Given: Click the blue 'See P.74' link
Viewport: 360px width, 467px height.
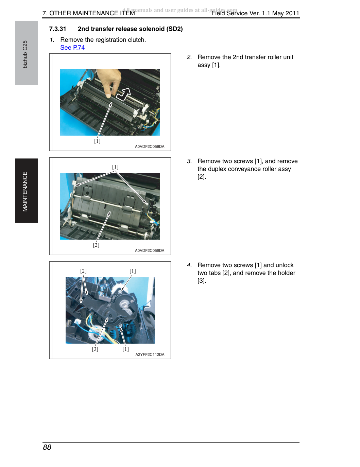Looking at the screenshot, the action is tap(72, 48).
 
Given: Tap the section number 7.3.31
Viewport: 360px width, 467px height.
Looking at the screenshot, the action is tap(57, 29).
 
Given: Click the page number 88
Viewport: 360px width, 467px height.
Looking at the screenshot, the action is tap(47, 447).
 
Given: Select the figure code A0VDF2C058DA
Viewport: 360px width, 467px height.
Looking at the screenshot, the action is tap(150, 146).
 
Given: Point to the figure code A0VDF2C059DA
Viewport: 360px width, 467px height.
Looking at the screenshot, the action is tap(150, 250).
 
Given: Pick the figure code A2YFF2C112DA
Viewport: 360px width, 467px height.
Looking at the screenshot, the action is tap(150, 354).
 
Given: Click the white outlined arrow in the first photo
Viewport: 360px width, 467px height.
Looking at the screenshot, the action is tap(124, 94).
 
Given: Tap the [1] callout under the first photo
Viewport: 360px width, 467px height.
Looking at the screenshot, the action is tap(97, 141).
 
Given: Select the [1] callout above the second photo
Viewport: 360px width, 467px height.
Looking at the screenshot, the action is tap(115, 167).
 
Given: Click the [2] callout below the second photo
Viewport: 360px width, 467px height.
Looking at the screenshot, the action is tap(96, 245).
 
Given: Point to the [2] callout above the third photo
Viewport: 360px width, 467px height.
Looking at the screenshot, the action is tap(83, 271).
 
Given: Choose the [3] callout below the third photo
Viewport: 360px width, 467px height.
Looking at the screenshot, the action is tap(95, 349).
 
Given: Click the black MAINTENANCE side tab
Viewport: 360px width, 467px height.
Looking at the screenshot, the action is tap(27, 191).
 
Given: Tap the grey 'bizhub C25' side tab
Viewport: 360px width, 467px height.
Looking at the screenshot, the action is tap(27, 53).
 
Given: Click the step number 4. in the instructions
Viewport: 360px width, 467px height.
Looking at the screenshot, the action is tap(189, 265).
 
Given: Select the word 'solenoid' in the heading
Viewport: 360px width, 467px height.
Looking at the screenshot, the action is tap(150, 29).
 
